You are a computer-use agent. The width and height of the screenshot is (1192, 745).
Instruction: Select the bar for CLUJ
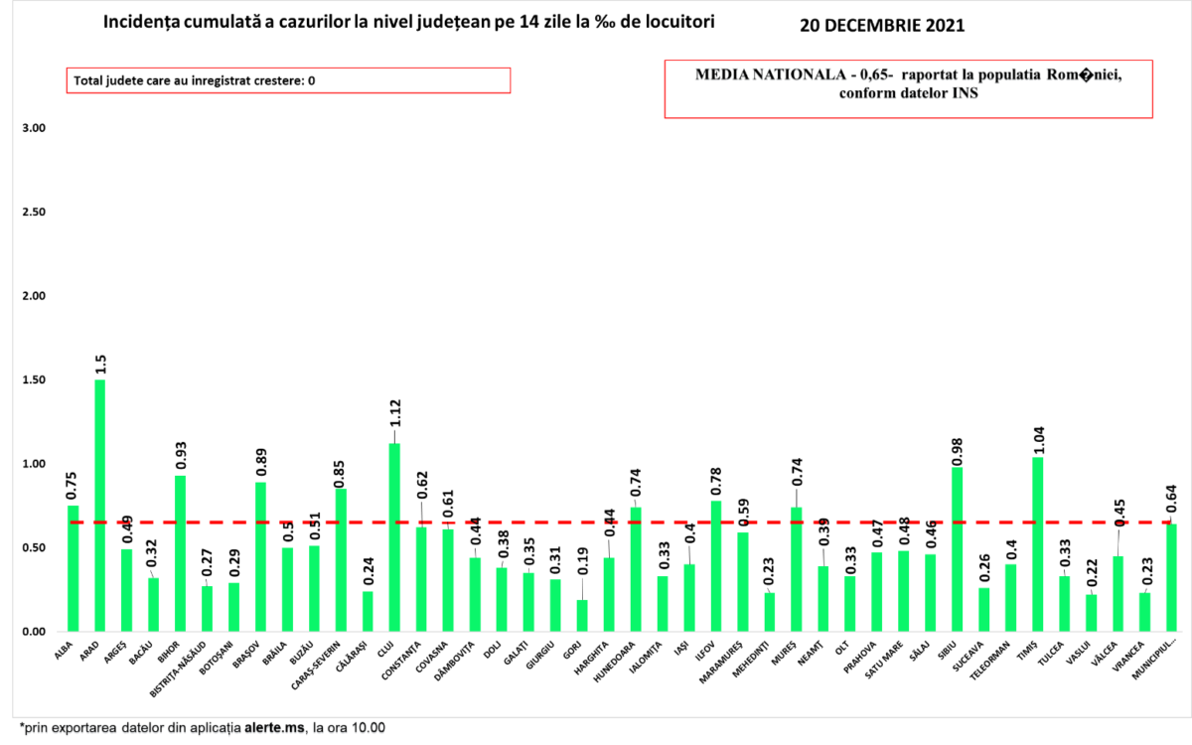394,536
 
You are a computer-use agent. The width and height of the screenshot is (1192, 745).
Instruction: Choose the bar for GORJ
582,615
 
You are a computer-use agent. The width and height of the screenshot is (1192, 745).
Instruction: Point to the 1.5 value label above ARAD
100,364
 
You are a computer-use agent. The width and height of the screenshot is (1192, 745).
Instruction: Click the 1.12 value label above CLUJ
394,418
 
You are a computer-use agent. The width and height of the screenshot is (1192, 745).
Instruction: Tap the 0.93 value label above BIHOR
181,453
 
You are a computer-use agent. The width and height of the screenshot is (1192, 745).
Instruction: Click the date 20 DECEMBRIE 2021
881,25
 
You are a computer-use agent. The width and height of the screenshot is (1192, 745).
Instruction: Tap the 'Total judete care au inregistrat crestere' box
288,80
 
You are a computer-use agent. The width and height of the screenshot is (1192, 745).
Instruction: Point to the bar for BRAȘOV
261,556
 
